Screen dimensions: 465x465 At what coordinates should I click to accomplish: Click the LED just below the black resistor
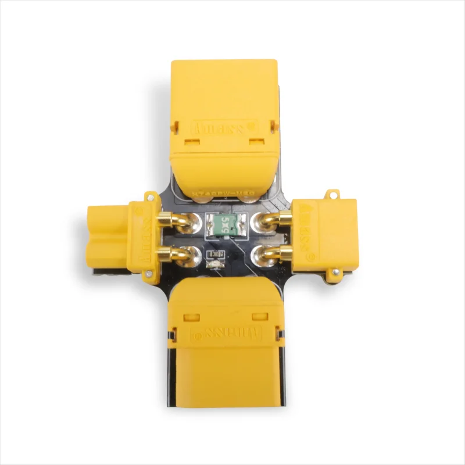pyautogui.click(x=212, y=265)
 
